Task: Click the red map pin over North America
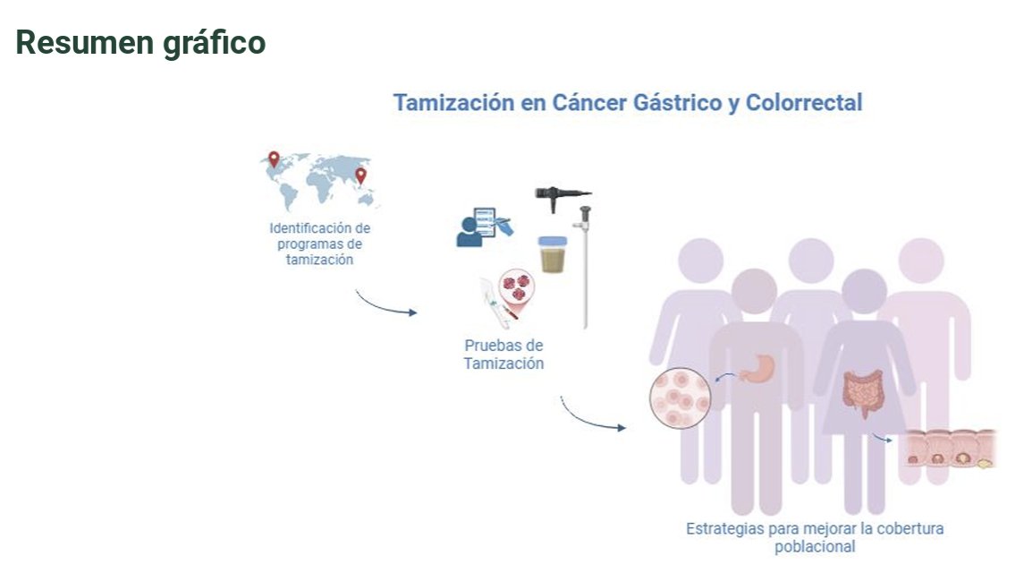[274, 159]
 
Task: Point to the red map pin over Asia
[360, 175]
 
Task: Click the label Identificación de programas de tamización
[319, 244]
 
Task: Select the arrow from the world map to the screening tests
[386, 304]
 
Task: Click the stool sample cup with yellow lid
[552, 253]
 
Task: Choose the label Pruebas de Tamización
[504, 355]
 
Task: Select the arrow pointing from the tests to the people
[591, 415]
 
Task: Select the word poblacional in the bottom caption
[814, 546]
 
